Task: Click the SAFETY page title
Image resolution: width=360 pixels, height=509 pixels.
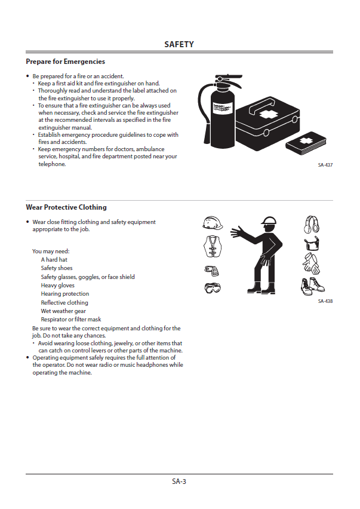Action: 179,45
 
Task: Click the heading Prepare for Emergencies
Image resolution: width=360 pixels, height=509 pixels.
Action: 65,62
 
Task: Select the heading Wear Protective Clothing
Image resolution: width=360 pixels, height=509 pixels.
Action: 66,207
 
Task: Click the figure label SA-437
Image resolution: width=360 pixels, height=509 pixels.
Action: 325,165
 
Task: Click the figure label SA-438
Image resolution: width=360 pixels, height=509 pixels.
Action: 325,301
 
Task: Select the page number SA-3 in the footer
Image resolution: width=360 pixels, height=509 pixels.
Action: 179,481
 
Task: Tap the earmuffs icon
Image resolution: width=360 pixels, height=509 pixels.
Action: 312,224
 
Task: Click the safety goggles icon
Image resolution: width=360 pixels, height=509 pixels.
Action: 213,289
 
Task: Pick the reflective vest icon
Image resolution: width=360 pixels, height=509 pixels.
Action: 213,246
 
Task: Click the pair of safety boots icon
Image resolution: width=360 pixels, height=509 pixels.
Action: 312,286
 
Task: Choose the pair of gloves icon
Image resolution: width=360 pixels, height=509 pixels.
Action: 312,264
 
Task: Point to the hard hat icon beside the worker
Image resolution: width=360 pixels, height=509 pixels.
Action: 213,223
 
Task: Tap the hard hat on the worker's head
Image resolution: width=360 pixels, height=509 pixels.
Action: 269,221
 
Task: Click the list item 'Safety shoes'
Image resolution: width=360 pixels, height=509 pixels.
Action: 57,268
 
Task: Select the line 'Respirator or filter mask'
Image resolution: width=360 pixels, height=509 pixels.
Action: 71,320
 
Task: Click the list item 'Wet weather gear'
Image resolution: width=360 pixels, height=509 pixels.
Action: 63,311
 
